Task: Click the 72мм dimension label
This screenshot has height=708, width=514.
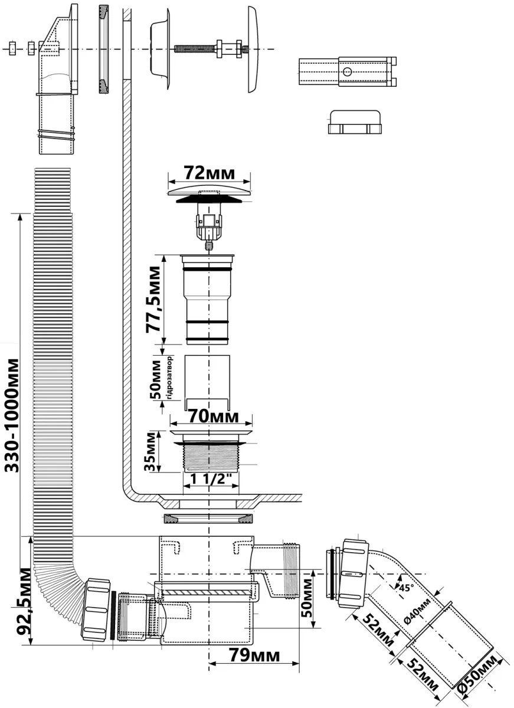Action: pos(209,173)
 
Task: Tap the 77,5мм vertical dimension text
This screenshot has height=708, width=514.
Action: pos(153,299)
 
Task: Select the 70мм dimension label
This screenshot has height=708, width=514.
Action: pos(214,417)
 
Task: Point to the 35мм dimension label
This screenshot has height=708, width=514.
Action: pos(150,452)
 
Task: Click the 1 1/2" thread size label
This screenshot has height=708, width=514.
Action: pos(211,479)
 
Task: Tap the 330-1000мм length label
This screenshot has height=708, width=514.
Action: pos(12,415)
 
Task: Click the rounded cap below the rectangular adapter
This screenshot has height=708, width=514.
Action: pos(355,122)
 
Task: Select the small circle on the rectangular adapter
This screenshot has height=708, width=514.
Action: pos(347,72)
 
